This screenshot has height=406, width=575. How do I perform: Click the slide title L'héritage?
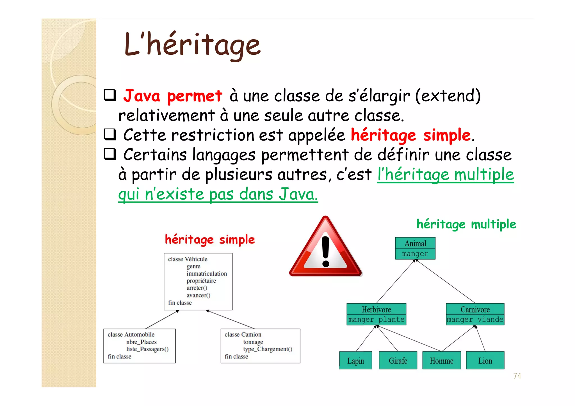point(193,45)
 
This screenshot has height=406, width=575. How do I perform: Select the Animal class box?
point(415,248)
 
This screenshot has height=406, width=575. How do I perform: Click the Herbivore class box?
point(376,314)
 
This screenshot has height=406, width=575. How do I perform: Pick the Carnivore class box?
point(475,314)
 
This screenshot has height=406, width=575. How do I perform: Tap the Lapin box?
point(355,361)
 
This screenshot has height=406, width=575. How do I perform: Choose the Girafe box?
point(398,361)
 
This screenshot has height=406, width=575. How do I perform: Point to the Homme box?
point(441,361)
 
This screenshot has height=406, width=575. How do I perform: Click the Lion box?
point(485,361)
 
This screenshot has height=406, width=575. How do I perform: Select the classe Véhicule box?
point(198,281)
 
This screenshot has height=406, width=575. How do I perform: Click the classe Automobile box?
point(139,346)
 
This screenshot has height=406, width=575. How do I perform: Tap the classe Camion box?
point(260,346)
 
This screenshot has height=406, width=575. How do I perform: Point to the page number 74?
point(517,376)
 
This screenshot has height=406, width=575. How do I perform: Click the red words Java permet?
point(173,96)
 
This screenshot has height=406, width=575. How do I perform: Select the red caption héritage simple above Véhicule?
point(210,240)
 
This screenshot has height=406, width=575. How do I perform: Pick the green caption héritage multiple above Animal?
point(466,224)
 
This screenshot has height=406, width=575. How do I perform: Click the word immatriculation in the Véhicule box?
point(207,274)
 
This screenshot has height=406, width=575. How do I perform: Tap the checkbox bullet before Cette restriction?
point(110,135)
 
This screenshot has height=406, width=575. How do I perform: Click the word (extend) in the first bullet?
point(448,96)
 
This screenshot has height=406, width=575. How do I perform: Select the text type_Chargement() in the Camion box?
point(268,349)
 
